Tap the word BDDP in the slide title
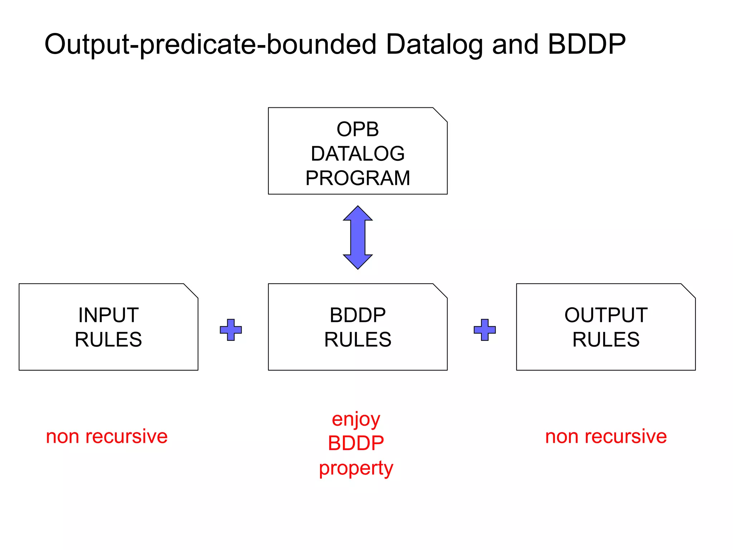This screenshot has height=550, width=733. [587, 44]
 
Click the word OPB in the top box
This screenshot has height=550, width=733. [358, 129]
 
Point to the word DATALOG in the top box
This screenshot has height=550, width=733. [358, 154]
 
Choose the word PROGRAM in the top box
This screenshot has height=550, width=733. [358, 178]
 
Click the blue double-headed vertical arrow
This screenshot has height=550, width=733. [358, 237]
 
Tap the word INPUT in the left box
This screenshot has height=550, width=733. [108, 315]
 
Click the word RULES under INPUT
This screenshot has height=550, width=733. [108, 339]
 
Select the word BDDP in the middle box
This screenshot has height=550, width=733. [358, 315]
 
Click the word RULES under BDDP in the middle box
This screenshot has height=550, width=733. [358, 339]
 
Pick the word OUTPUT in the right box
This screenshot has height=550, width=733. [606, 315]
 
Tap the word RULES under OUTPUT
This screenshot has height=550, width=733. [606, 339]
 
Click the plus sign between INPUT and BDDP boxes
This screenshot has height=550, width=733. [231, 330]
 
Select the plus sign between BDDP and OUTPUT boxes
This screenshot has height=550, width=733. [485, 330]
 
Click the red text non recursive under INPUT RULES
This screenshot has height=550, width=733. [107, 436]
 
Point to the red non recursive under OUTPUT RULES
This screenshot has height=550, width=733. [606, 436]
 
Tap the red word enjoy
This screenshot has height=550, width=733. [356, 420]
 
